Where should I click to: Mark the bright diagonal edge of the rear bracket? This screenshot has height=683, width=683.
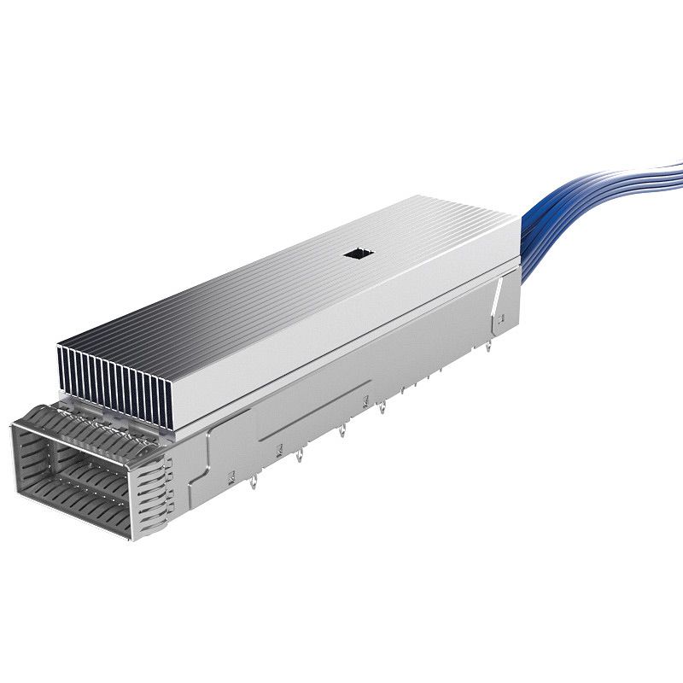pyautogui.click(x=495, y=295)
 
